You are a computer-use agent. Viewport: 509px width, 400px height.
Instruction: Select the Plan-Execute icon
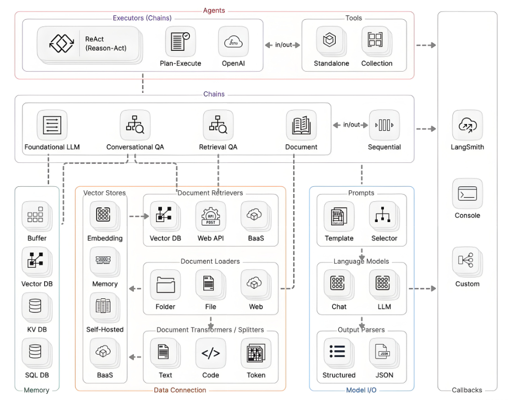coord(180,42)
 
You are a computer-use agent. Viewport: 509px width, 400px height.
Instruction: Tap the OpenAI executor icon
coord(233,42)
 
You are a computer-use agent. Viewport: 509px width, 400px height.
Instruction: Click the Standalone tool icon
coord(331,41)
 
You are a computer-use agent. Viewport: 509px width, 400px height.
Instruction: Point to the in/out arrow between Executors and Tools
coord(283,45)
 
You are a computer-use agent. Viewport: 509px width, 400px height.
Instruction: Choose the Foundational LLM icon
coord(52,125)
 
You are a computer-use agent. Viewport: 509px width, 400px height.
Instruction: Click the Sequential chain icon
coord(384,125)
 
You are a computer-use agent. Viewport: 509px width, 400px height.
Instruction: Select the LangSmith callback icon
coord(467,125)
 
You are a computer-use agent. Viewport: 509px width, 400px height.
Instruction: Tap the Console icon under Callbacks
coord(467,194)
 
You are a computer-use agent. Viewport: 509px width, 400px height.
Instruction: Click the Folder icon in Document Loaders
coord(166,285)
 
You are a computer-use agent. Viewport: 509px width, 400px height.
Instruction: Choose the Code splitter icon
coord(211,353)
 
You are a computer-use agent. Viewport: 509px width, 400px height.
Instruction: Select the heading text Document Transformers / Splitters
coord(210,330)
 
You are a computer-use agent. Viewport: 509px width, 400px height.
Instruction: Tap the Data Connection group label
coord(180,390)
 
